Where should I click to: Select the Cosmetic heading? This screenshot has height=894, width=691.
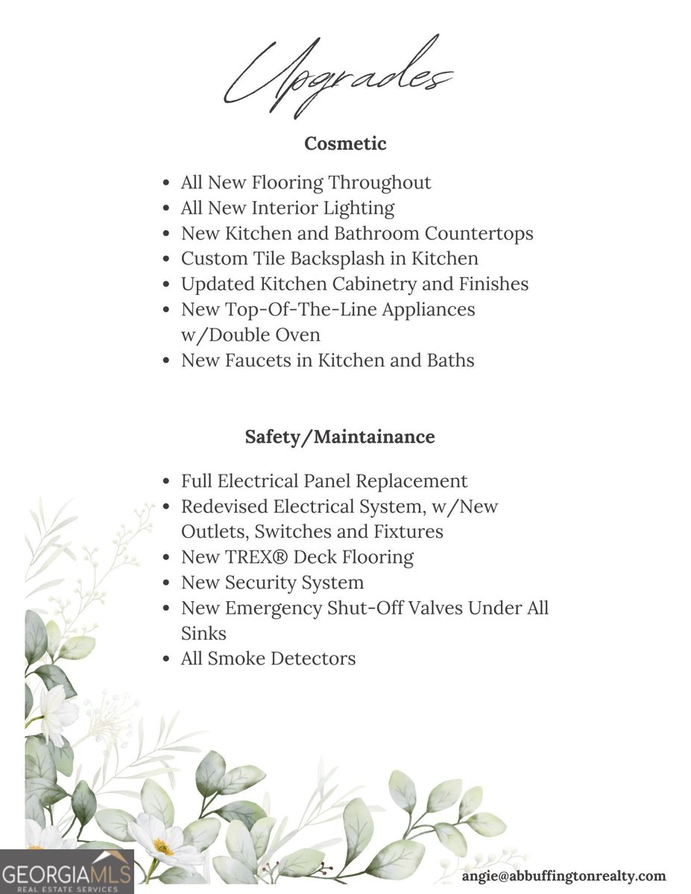pos(345,143)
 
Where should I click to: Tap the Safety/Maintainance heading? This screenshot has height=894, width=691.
pos(340,437)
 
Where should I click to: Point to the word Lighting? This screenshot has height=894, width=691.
pos(359,208)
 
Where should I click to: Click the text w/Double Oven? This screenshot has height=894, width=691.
pos(250,335)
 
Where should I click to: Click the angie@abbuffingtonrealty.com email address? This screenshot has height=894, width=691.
pos(564,876)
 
